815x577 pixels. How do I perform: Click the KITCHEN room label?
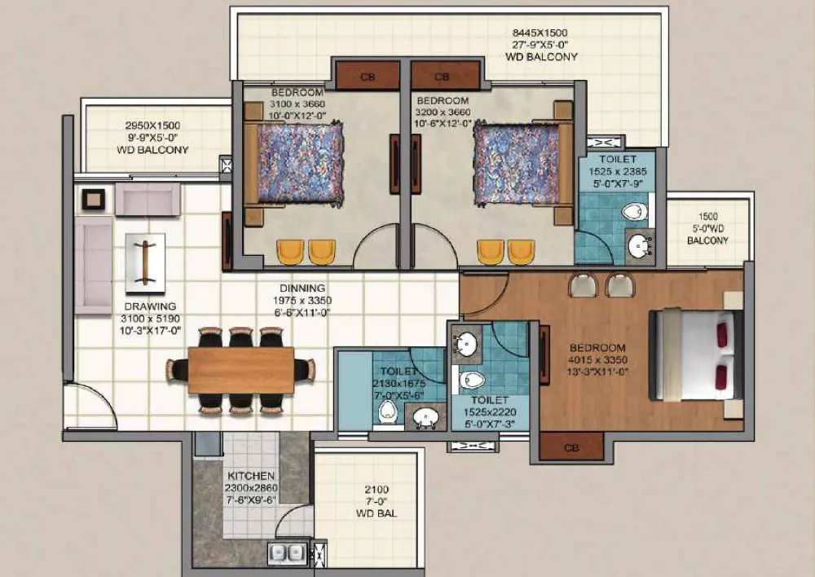250,476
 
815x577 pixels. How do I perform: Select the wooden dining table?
240,370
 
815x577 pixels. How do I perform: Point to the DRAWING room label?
150,306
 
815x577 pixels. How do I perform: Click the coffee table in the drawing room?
146,262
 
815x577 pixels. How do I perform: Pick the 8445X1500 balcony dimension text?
540,33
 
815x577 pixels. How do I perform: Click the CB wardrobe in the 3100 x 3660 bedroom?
367,76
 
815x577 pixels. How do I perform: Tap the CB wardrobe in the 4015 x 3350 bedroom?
570,447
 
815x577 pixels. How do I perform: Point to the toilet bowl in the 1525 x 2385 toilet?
634,212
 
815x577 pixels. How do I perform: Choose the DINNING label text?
302,288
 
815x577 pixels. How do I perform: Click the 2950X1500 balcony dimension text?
153,126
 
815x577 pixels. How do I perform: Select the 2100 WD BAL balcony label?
377,501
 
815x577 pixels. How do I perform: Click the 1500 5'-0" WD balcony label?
707,228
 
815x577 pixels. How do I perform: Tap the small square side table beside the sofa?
94,199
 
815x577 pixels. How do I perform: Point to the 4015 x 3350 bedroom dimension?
597,359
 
